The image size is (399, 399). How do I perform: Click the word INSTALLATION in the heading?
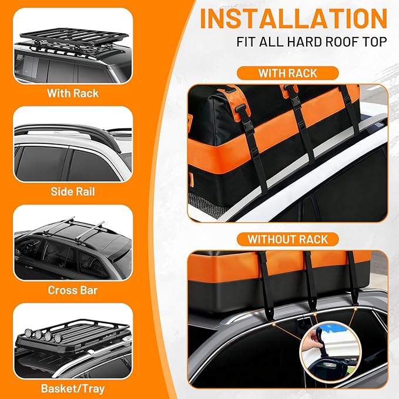(294, 19)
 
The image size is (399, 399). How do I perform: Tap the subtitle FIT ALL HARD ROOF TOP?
(312, 42)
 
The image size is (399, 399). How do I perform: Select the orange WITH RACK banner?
(287, 73)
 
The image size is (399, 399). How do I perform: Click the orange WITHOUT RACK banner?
(287, 239)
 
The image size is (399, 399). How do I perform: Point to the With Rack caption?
(73, 93)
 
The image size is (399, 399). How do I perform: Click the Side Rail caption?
(73, 192)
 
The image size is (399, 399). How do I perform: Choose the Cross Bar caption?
(73, 290)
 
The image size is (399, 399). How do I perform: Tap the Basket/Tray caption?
(73, 388)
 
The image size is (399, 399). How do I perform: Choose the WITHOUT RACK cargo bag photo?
(287, 317)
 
